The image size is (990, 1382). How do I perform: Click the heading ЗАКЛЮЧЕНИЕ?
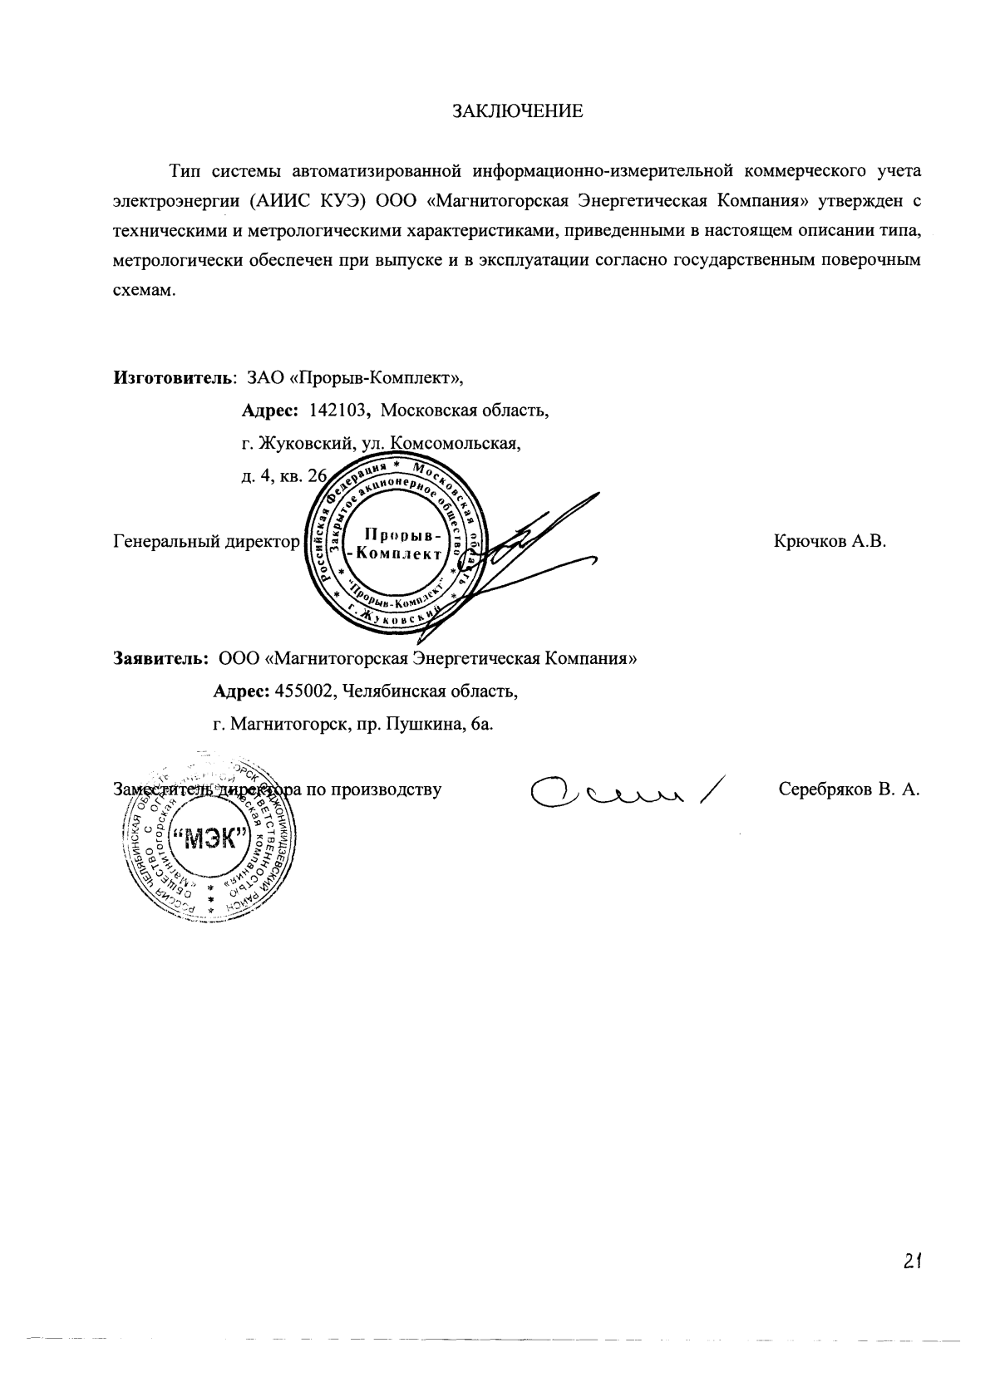tap(517, 112)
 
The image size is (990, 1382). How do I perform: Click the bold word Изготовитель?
tap(172, 379)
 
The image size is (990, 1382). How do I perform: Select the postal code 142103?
tap(338, 411)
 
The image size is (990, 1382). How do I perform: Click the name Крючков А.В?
tap(830, 542)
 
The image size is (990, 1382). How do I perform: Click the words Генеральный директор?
tap(205, 542)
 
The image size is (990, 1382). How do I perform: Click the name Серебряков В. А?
tap(848, 789)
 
